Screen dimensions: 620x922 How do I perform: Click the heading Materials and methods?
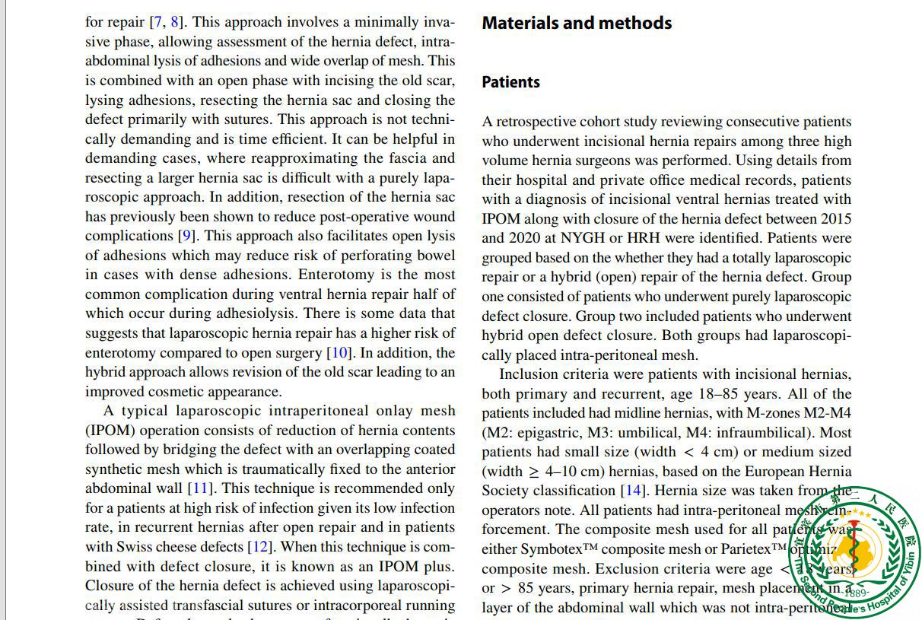tap(577, 23)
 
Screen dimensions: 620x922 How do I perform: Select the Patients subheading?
tap(511, 82)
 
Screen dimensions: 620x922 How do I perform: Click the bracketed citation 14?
tap(634, 491)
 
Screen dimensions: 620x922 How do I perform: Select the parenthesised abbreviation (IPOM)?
tap(110, 431)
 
